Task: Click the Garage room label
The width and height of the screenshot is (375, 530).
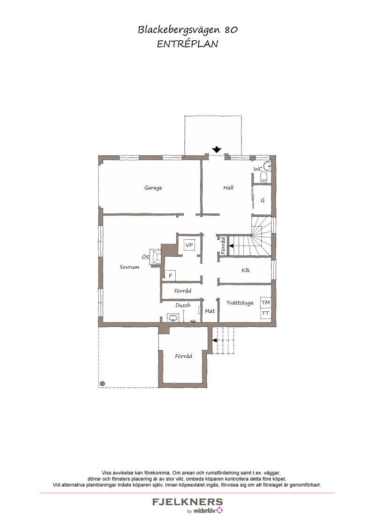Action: pos(153,188)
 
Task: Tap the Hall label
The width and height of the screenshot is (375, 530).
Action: pos(228,187)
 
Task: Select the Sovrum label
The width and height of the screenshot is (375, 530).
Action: pos(129,267)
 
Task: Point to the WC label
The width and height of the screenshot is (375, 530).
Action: pos(257,169)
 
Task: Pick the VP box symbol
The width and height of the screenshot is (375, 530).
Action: pos(189,245)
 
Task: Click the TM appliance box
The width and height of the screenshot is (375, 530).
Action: pos(266,302)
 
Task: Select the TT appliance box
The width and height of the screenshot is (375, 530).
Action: pos(266,313)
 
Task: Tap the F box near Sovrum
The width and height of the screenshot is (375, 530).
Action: pos(170,275)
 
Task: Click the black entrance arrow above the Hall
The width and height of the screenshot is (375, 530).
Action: pos(217,149)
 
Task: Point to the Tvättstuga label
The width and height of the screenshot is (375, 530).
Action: pos(240,303)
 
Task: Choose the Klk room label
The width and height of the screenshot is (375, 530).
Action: pos(246,270)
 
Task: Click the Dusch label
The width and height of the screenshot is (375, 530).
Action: pos(183,305)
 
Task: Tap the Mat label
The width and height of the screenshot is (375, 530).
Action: pos(210,311)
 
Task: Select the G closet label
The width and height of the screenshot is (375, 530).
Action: pos(262,200)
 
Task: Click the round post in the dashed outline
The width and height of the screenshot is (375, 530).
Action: pos(103,383)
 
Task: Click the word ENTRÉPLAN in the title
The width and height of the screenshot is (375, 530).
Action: pos(187,44)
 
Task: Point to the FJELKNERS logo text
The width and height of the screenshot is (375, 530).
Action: pos(187,501)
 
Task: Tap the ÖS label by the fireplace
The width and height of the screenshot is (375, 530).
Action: pos(145,257)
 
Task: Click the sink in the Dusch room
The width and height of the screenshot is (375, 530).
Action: pos(173,318)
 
